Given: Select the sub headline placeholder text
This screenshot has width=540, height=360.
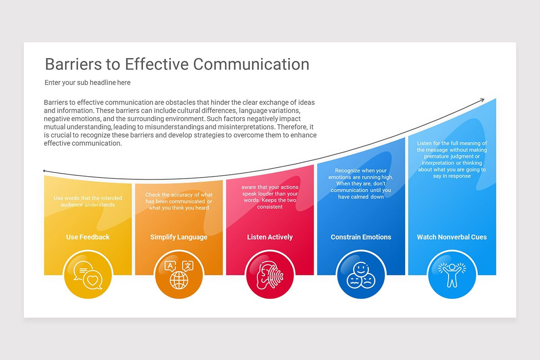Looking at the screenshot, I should click(x=87, y=83).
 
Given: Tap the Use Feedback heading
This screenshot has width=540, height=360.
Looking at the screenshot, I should click(x=88, y=237).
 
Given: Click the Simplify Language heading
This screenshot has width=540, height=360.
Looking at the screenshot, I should click(x=179, y=237).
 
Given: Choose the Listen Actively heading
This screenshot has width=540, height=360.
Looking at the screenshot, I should click(x=270, y=237).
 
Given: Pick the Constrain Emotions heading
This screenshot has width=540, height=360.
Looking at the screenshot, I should click(x=361, y=237).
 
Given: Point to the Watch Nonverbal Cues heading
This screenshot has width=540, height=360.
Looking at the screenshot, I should click(x=452, y=237).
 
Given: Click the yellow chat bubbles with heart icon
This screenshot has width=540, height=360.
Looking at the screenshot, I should click(x=88, y=274).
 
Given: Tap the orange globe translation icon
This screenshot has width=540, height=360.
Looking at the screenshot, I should click(x=179, y=274).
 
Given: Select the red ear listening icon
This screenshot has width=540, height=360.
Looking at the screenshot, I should click(x=270, y=274).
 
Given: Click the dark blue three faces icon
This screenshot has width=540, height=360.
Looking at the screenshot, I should click(x=361, y=274).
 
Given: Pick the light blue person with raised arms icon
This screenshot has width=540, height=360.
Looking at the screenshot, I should click(x=452, y=274).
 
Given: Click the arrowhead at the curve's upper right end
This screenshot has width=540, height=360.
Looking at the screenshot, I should click(x=482, y=100).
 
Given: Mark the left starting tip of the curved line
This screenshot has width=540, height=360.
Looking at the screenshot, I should click(x=44, y=171).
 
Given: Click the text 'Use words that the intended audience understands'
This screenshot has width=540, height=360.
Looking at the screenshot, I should click(x=88, y=201).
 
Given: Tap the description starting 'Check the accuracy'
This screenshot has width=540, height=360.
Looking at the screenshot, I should click(x=179, y=201).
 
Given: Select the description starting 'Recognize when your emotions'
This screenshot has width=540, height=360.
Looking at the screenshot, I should click(x=361, y=184).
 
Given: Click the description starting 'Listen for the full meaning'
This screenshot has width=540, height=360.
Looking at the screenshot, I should click(x=452, y=160).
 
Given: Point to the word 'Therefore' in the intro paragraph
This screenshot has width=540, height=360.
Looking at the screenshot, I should click(x=294, y=127).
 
